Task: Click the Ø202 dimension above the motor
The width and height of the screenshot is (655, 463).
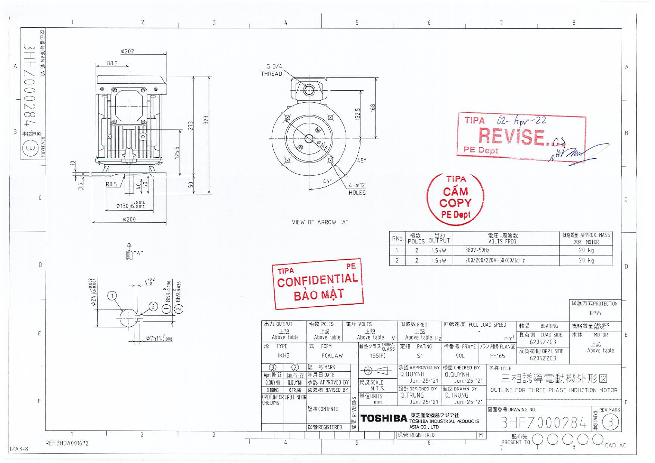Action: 127,51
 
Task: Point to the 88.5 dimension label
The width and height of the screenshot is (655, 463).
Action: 112,63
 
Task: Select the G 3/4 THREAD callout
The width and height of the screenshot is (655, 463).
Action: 272,70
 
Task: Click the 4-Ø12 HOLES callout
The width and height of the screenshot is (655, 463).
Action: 357,189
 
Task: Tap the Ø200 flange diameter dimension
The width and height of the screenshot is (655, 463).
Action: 129,220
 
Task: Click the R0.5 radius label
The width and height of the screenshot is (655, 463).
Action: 111,184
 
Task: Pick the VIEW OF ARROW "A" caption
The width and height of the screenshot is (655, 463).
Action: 320,222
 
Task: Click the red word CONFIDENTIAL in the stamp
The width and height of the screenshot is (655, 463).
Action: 318,280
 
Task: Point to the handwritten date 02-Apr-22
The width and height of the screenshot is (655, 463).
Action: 521,120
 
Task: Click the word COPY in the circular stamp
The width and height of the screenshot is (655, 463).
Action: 455,203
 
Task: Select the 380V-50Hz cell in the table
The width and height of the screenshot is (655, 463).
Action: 477,251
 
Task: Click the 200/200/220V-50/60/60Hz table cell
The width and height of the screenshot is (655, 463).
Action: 495,260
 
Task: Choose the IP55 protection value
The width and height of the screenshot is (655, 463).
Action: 595,313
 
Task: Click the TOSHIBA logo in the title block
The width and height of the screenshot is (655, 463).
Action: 384,419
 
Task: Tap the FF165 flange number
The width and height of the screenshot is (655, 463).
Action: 497,356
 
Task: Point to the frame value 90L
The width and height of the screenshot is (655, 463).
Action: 460,356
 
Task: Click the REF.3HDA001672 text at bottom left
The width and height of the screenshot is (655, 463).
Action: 67,443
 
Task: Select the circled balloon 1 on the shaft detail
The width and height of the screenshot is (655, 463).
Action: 112,296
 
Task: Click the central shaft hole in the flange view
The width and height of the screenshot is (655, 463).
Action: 309,139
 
